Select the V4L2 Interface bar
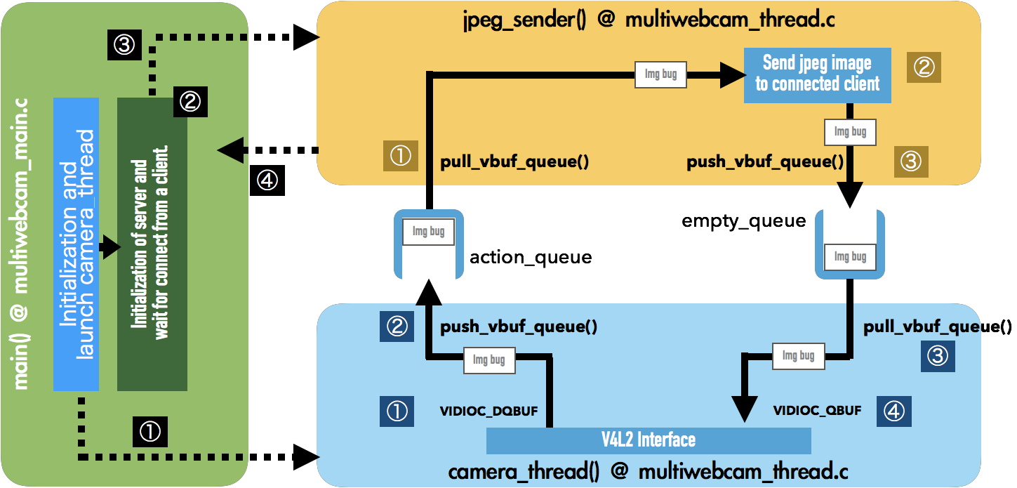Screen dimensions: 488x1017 (648, 440)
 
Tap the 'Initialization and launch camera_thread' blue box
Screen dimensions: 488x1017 (76, 244)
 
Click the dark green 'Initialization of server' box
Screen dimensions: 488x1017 (152, 244)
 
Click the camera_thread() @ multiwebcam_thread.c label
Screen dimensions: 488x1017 (648, 470)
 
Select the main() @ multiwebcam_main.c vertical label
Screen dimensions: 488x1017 (21, 243)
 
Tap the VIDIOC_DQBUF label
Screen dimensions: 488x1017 (488, 411)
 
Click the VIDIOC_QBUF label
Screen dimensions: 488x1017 (817, 411)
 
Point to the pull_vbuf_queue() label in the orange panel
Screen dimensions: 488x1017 (514, 162)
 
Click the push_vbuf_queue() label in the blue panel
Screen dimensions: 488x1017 (518, 327)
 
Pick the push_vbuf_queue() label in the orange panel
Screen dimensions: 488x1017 (765, 162)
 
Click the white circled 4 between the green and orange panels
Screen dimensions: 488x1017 (267, 181)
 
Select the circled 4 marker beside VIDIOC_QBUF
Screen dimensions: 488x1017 (893, 411)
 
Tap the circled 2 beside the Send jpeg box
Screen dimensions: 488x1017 (923, 67)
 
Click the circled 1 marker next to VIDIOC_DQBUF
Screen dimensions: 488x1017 (397, 411)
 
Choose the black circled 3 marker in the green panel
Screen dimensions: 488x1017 (124, 46)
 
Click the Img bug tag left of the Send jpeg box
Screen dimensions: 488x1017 (660, 74)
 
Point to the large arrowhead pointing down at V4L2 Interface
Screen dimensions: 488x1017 (744, 407)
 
